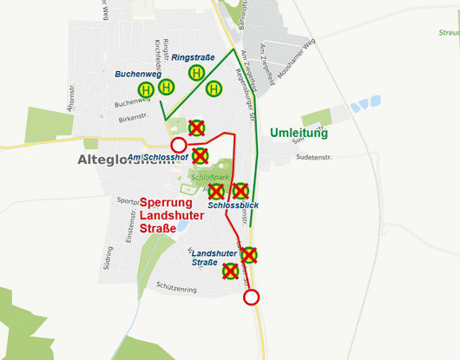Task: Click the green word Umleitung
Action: point(299,134)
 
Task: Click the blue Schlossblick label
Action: point(233,206)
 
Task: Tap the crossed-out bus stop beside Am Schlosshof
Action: point(200,156)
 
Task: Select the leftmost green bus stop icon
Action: point(146,89)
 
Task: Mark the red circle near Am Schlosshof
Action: point(178,145)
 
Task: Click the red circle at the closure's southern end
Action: point(251,298)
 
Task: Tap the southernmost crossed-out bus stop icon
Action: point(231,272)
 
